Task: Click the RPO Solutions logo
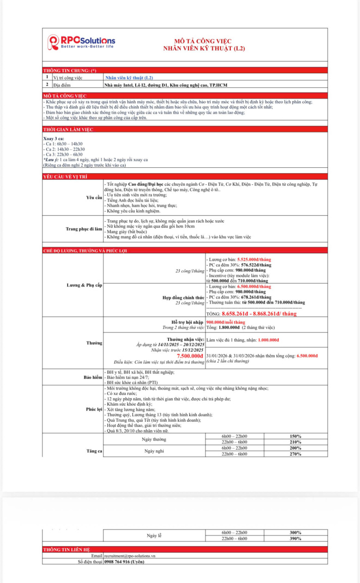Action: pyautogui.click(x=81, y=42)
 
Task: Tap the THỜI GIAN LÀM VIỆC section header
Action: pyautogui.click(x=68, y=129)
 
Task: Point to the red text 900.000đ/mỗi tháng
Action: pyautogui.click(x=226, y=322)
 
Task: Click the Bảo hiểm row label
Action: pyautogui.click(x=93, y=377)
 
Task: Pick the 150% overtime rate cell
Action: pyautogui.click(x=295, y=436)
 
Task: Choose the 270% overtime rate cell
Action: pyautogui.click(x=295, y=454)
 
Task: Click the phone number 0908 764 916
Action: pyautogui.click(x=123, y=561)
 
